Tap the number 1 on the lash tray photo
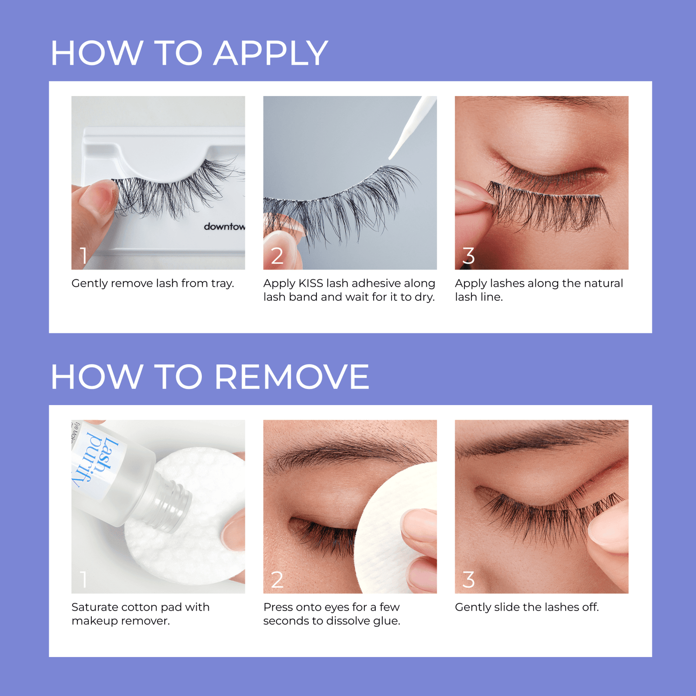pyautogui.click(x=84, y=256)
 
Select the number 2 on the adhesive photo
pyautogui.click(x=277, y=256)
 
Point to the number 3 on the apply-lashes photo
pyautogui.click(x=469, y=256)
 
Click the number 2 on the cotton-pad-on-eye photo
pyautogui.click(x=277, y=580)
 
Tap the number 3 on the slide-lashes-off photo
pyautogui.click(x=469, y=580)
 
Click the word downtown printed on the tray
pyautogui.click(x=225, y=226)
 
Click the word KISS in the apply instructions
pyautogui.click(x=310, y=284)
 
